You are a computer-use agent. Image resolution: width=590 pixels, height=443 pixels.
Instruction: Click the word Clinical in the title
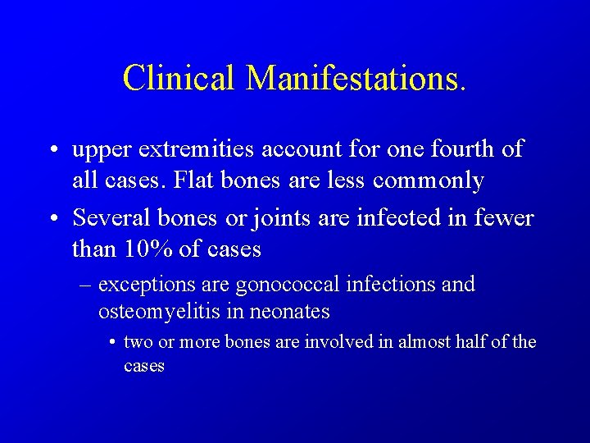click(x=179, y=78)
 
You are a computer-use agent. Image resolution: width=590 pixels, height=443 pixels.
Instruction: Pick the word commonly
click(x=429, y=180)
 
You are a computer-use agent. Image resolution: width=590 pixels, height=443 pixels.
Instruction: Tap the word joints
click(x=254, y=219)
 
